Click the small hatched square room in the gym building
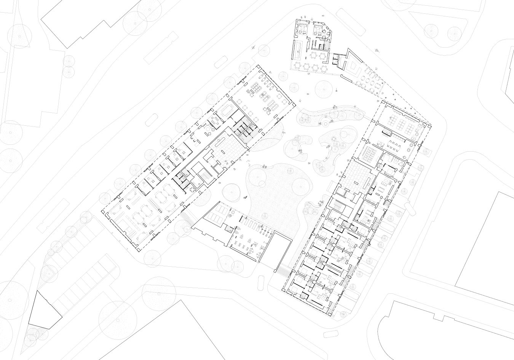pyautogui.click(x=230, y=230)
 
